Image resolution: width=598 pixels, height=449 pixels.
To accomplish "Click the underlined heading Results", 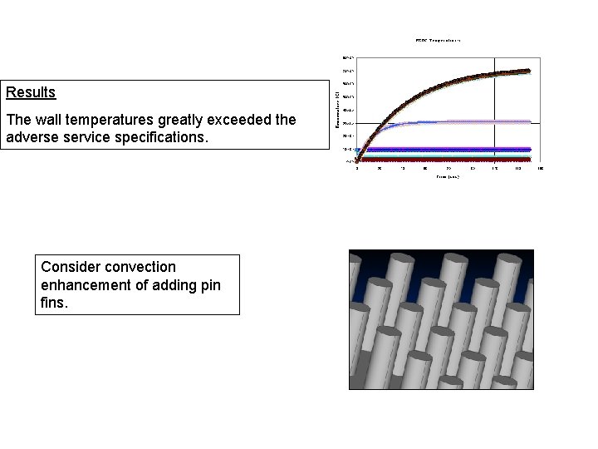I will (x=31, y=92).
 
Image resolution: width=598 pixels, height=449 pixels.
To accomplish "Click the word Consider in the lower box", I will (x=68, y=267).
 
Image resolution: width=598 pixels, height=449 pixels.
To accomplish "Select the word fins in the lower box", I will (x=53, y=303).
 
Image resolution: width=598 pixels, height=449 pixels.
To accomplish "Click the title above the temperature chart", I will (x=438, y=39).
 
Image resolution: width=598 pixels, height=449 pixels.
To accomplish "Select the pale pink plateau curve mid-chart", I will (x=482, y=121).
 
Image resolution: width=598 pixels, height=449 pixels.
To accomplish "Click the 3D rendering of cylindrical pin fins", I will (x=440, y=319).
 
